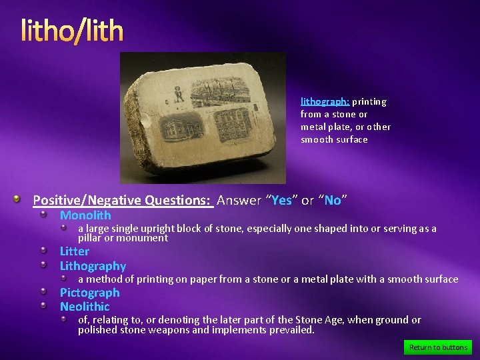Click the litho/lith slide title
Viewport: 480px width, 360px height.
pyautogui.click(x=72, y=30)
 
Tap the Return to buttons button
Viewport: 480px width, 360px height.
pyautogui.click(x=438, y=347)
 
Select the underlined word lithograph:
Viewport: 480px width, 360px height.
pyautogui.click(x=325, y=102)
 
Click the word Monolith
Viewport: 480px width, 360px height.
pyautogui.click(x=85, y=215)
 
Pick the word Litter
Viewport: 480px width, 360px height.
pyautogui.click(x=74, y=251)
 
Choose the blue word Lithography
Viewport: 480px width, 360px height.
pyautogui.click(x=93, y=266)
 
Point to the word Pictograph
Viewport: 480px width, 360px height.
pyautogui.click(x=89, y=293)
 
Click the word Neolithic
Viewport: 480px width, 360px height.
pyautogui.click(x=85, y=307)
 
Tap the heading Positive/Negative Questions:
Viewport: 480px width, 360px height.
pyautogui.click(x=123, y=200)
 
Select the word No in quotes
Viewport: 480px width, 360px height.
pyautogui.click(x=332, y=200)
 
